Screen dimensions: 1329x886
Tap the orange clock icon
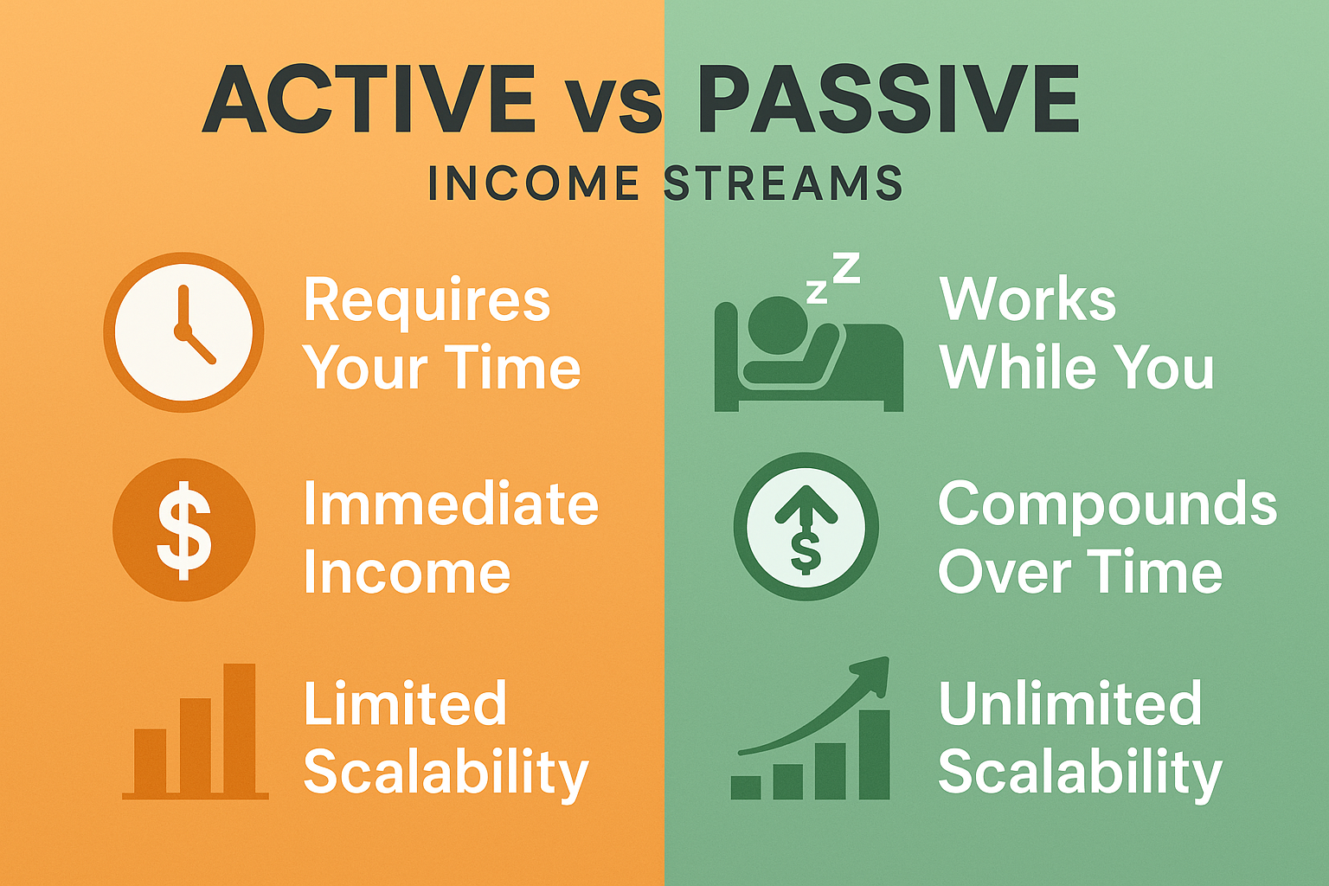point(183,331)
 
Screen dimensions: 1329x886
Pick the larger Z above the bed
point(846,267)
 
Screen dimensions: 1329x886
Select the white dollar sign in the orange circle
point(184,530)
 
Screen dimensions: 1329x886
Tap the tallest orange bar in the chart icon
point(240,729)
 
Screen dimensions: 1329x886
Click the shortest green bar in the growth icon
point(746,786)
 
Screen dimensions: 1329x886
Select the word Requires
point(427,303)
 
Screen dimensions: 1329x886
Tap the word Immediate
point(451,504)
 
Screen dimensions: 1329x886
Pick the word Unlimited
point(1069,703)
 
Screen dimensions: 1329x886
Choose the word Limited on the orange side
point(405,703)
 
